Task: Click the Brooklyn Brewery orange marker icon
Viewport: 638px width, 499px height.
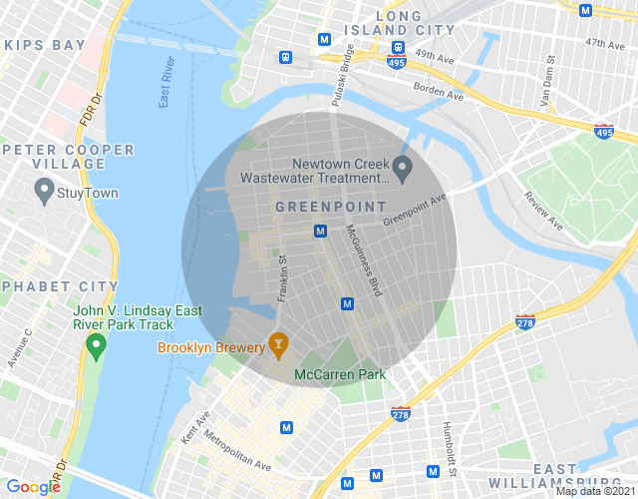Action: [278, 346]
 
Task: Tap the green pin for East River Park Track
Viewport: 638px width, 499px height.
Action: [96, 346]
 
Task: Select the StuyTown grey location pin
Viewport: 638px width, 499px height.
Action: [44, 189]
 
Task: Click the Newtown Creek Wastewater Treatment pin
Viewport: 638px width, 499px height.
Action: [403, 168]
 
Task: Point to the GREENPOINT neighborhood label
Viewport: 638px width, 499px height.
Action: [330, 207]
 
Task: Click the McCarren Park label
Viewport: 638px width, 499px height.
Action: [339, 375]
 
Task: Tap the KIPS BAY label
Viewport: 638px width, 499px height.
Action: [44, 46]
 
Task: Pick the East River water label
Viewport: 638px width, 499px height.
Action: [168, 85]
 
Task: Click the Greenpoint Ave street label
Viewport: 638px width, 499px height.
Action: [416, 210]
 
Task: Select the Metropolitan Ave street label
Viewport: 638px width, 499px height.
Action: [237, 449]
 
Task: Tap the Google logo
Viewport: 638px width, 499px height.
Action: [34, 486]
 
